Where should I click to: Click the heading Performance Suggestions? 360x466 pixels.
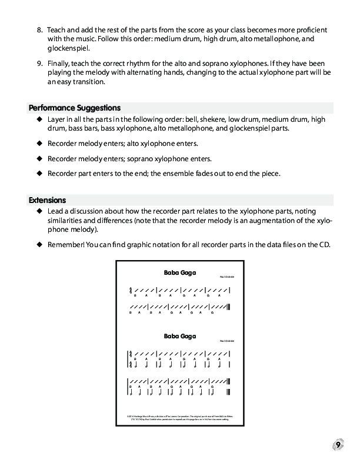tap(75, 108)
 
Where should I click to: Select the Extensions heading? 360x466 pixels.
tap(47, 200)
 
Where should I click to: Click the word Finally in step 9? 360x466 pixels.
tap(60, 63)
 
